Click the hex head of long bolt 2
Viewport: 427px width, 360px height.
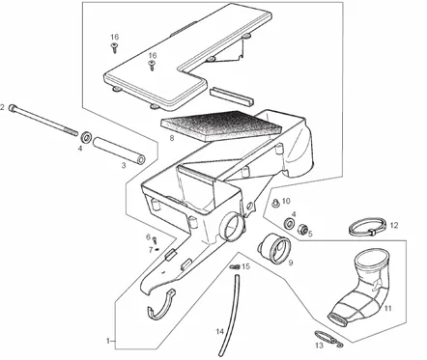(x=13, y=108)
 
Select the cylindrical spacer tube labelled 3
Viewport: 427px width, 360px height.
(x=119, y=151)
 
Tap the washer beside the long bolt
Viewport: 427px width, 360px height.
(x=86, y=137)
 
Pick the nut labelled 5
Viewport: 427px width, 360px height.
(x=302, y=229)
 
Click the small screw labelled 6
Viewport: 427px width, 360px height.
(x=155, y=240)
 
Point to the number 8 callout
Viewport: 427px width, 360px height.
(x=172, y=138)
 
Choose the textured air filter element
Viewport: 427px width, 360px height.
(x=221, y=125)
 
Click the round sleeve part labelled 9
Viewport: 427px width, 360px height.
(x=274, y=248)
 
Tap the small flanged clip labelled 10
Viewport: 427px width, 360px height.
(x=275, y=203)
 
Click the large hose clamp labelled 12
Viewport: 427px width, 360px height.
(x=367, y=228)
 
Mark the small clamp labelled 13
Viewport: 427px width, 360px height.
(x=328, y=338)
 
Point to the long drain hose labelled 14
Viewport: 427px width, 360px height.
(x=229, y=314)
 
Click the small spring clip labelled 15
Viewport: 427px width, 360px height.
(x=235, y=266)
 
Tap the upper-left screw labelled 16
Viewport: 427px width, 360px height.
(x=114, y=47)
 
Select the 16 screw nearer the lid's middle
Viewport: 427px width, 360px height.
(x=152, y=66)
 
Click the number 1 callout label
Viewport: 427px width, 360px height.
(x=108, y=341)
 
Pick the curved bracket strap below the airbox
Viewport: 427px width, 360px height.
(x=162, y=306)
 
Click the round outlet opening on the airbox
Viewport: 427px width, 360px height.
(x=231, y=227)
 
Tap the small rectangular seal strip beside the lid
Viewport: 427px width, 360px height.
(x=232, y=96)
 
